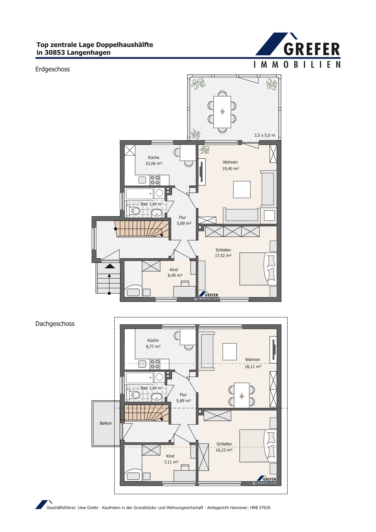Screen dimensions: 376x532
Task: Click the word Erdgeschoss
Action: [x=52, y=69]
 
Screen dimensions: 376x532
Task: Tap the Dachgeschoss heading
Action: [x=55, y=324]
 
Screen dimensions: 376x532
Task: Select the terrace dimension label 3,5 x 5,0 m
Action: [x=264, y=135]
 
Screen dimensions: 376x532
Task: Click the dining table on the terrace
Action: [x=222, y=112]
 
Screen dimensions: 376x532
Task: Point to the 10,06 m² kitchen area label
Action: [x=154, y=163]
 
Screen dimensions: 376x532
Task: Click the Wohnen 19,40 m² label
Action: [x=230, y=165]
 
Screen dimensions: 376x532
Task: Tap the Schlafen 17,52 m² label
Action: [x=223, y=253]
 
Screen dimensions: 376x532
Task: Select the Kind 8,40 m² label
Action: [x=175, y=272]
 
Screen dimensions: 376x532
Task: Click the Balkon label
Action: [x=106, y=423]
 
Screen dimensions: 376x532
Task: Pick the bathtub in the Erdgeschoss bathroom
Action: [x=139, y=194]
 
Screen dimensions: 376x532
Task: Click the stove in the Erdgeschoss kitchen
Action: [x=155, y=180]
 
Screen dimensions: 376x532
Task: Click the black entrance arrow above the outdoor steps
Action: [x=110, y=266]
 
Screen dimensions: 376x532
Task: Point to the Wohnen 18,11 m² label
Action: [x=253, y=363]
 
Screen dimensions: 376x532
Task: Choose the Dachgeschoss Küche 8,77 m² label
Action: [x=153, y=343]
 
